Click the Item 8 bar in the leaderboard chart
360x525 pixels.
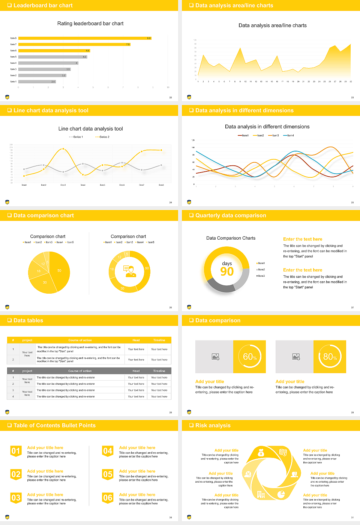click(x=84, y=38)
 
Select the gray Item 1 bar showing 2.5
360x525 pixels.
click(x=37, y=81)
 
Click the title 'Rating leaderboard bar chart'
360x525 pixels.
click(x=90, y=23)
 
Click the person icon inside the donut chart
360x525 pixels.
click(x=130, y=271)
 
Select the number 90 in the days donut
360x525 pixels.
click(x=227, y=271)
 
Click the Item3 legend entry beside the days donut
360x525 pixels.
click(x=261, y=276)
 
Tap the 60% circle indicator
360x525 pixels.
click(x=250, y=357)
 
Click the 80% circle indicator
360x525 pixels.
click(x=330, y=357)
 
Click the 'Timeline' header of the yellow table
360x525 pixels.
click(x=159, y=340)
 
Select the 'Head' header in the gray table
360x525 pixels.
click(x=136, y=371)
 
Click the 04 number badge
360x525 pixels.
click(x=108, y=451)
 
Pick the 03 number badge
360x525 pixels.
click(x=16, y=498)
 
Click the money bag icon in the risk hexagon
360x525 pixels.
click(x=261, y=453)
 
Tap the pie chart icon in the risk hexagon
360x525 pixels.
click(x=281, y=495)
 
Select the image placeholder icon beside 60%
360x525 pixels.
click(x=215, y=357)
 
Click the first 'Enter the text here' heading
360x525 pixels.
click(x=303, y=239)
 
